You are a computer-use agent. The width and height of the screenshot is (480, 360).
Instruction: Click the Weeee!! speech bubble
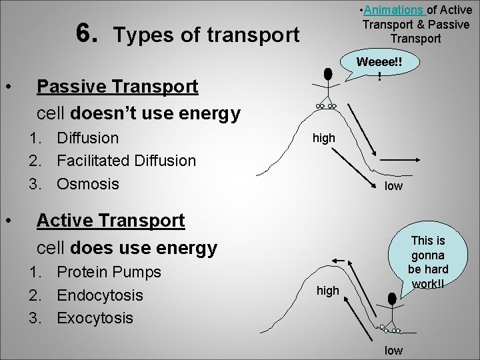click(x=379, y=67)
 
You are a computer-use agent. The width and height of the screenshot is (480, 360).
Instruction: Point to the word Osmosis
click(x=87, y=183)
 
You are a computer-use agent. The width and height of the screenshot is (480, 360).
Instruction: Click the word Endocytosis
click(x=101, y=295)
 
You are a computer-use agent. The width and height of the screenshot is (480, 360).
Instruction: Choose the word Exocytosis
click(x=95, y=317)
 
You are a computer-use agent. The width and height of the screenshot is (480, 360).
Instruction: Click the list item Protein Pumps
click(x=109, y=273)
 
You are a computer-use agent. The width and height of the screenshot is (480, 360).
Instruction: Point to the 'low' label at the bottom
click(x=393, y=349)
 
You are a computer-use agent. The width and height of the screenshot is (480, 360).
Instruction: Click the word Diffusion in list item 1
click(x=88, y=139)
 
